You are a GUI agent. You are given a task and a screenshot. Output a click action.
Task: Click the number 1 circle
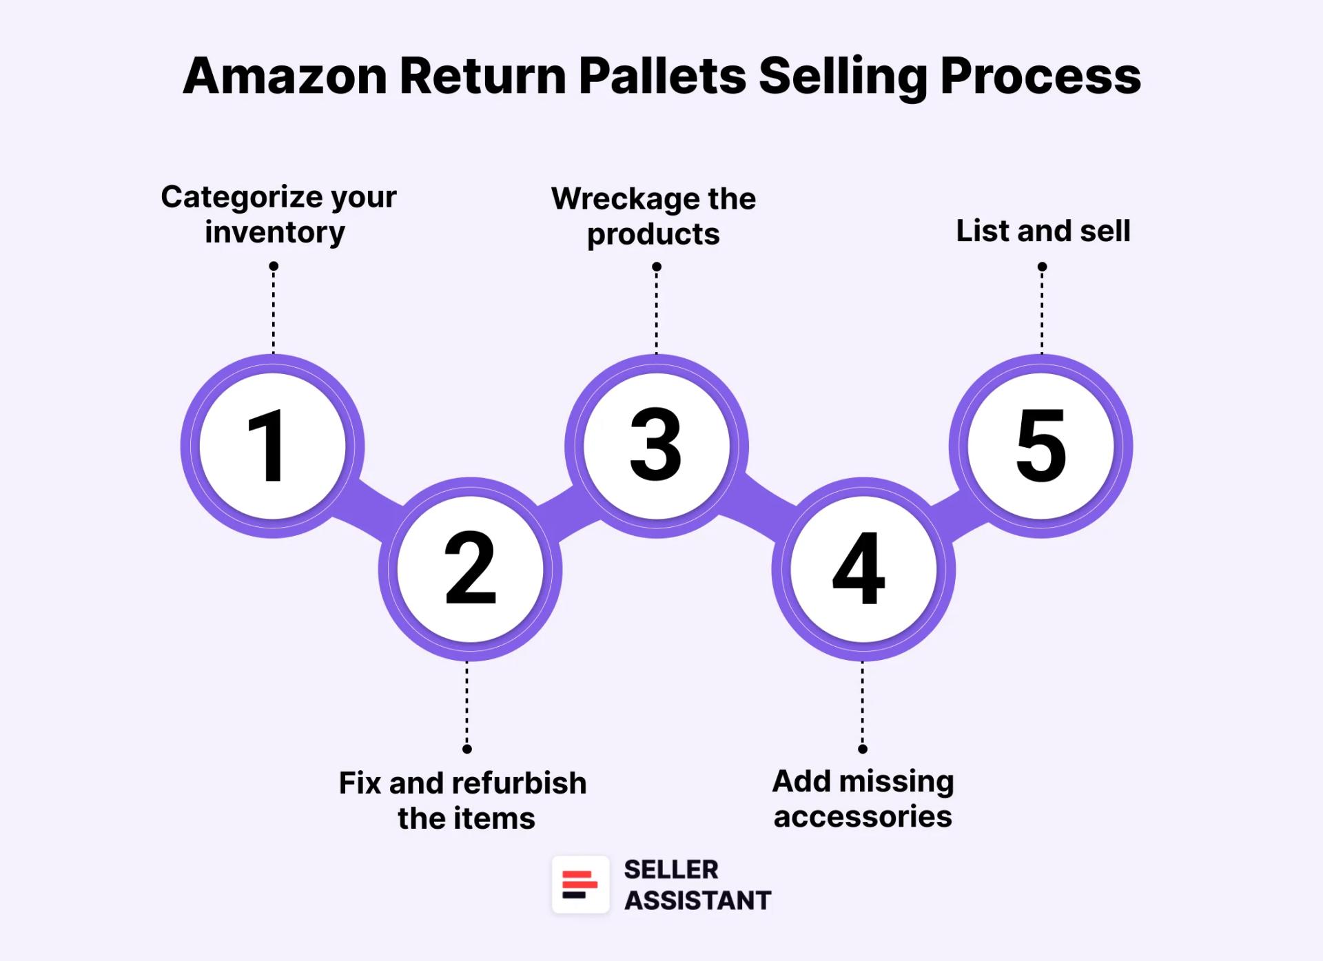272,446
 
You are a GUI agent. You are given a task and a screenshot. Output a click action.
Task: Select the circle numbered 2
470,569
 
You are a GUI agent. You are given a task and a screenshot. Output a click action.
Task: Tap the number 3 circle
656,446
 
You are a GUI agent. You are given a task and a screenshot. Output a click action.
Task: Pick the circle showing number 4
863,569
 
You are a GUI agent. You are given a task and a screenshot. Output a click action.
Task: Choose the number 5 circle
1040,446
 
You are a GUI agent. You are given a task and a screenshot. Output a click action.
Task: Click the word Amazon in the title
285,76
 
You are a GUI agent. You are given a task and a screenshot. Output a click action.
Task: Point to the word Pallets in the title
662,76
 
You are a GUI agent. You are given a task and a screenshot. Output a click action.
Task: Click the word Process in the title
1040,76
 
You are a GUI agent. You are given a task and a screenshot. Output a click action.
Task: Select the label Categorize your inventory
278,214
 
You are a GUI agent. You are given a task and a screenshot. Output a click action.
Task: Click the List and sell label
1043,231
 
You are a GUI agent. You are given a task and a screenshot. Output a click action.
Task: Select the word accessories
863,817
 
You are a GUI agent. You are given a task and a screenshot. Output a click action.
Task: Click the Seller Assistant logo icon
580,885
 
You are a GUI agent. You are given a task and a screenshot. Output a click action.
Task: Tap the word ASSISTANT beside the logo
697,900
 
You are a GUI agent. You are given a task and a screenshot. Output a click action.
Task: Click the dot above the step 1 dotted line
274,266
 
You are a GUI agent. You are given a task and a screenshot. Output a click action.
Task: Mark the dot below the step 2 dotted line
467,749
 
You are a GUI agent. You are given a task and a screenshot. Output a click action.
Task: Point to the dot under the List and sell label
1042,267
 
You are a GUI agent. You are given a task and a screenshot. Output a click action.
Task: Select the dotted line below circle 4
863,703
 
